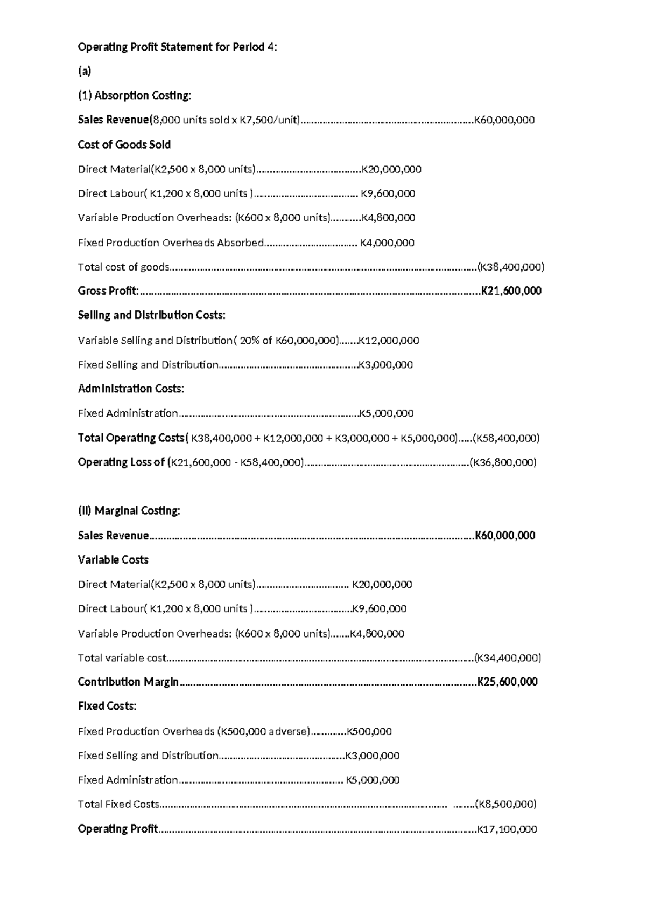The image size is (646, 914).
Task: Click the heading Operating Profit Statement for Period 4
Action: (x=177, y=47)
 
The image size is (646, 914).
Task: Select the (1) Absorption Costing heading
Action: (x=134, y=95)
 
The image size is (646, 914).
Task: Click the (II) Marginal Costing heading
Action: (x=129, y=510)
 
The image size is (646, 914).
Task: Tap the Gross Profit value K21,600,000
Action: (x=511, y=291)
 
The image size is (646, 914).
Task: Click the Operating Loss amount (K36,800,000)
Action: (x=503, y=462)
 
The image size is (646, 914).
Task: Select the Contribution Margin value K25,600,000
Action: (x=508, y=682)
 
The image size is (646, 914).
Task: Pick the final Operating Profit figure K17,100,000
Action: (x=507, y=829)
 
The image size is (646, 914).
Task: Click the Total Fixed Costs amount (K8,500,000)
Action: (x=505, y=804)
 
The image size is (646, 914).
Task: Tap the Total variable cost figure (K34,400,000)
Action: (x=508, y=657)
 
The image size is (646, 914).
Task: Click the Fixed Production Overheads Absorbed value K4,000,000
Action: (x=387, y=243)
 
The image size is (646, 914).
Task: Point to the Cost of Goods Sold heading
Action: (x=124, y=144)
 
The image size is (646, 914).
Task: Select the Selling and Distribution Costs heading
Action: (x=151, y=315)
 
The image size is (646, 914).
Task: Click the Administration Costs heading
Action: (x=131, y=389)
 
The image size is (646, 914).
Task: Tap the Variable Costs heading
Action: (x=113, y=560)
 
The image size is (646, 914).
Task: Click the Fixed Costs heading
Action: (x=107, y=706)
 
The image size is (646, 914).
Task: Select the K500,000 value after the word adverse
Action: (x=369, y=731)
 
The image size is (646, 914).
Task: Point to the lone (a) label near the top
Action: (x=85, y=71)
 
